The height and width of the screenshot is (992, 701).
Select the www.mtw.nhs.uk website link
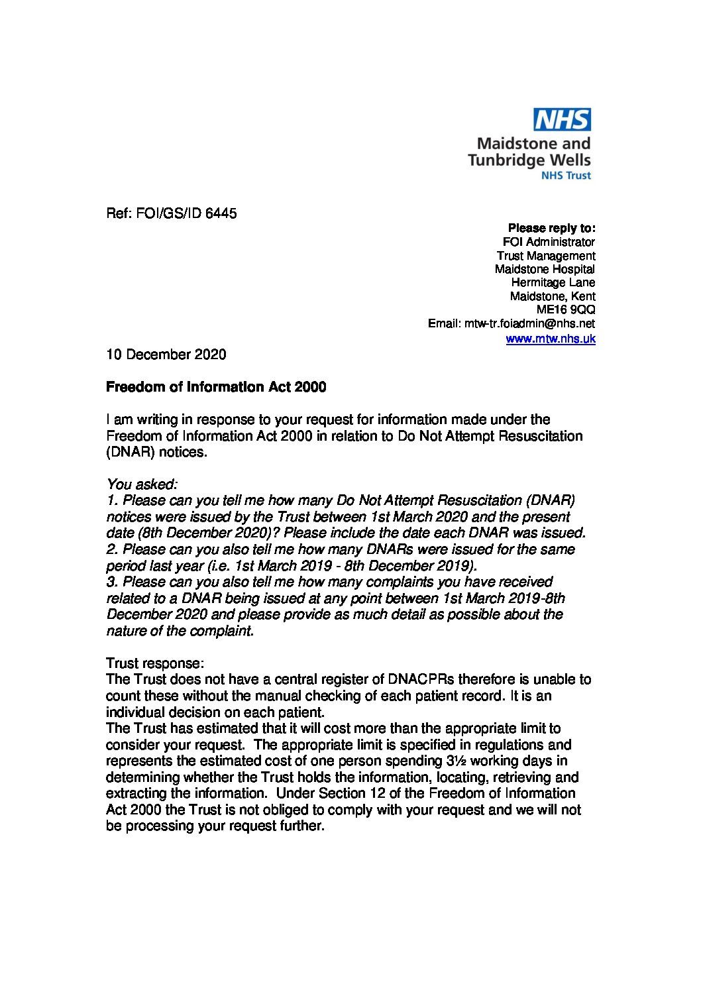tap(550, 339)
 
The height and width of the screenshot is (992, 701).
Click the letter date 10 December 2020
tap(166, 355)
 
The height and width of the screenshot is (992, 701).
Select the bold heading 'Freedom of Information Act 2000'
tap(216, 387)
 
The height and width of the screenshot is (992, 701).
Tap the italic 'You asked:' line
tap(141, 485)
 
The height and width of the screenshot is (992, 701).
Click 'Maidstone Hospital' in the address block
tap(545, 269)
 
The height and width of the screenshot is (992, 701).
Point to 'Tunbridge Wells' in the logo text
tap(529, 160)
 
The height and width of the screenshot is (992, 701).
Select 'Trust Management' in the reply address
tap(546, 256)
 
